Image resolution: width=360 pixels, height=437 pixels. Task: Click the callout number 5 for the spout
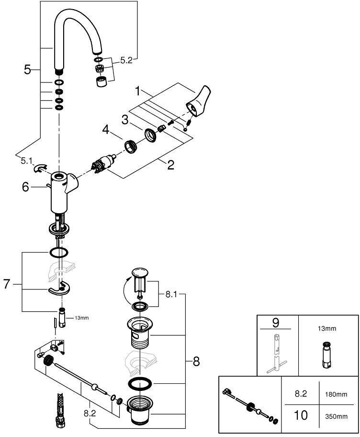(27, 69)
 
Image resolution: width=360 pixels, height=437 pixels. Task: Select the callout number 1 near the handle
(138, 90)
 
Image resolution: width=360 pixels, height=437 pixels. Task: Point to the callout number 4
(106, 128)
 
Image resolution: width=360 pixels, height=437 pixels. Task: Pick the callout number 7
(7, 284)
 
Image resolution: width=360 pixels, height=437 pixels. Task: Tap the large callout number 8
(196, 362)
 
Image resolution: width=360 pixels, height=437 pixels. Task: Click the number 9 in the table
(275, 322)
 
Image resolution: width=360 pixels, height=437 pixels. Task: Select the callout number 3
(125, 119)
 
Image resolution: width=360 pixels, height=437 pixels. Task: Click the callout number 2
(170, 165)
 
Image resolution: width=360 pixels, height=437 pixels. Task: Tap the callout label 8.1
(172, 295)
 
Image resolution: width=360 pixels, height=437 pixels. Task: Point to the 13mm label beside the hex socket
(81, 318)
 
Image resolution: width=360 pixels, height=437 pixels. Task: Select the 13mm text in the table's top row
(327, 329)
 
